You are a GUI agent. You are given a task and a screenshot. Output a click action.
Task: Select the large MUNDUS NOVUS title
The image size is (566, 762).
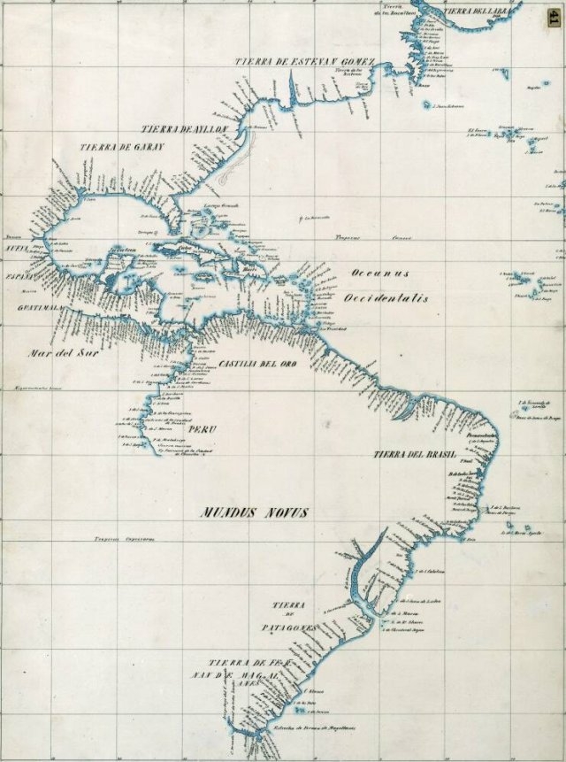(x=255, y=512)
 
